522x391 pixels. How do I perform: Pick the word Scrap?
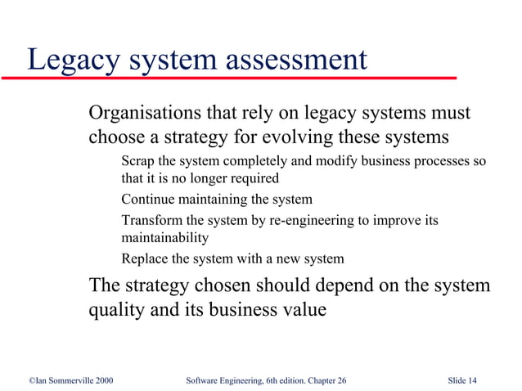[137, 160]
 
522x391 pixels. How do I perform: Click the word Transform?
[152, 220]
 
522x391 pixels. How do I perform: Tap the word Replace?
[145, 259]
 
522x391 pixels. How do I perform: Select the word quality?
[118, 311]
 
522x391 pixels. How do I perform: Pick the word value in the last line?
[302, 310]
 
